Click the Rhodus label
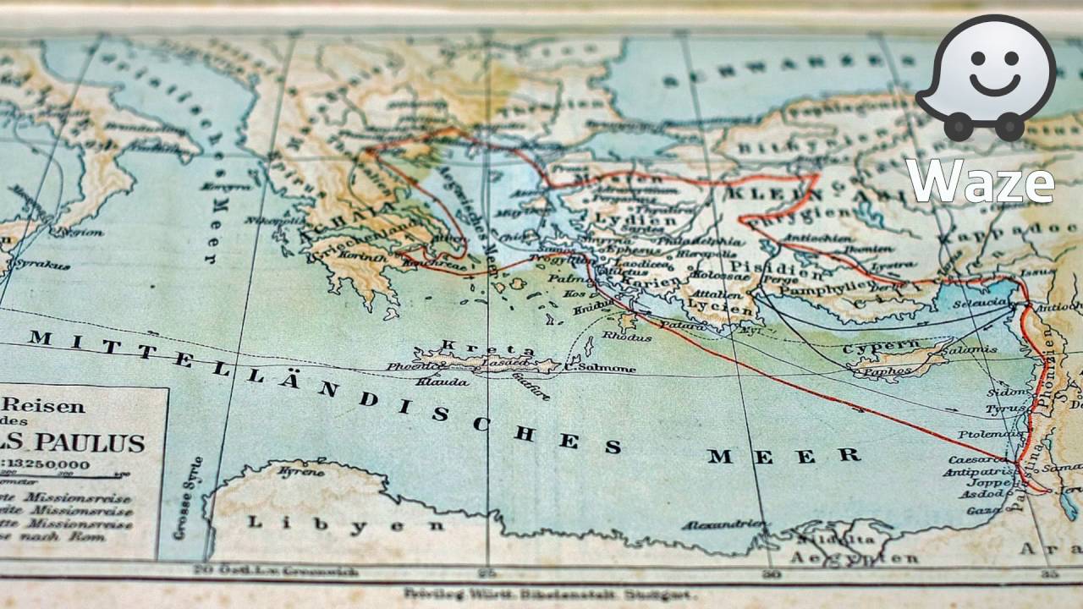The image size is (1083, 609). pyautogui.click(x=626, y=336)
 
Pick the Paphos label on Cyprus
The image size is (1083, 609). pyautogui.click(x=890, y=370)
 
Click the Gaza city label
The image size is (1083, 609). pyautogui.click(x=984, y=511)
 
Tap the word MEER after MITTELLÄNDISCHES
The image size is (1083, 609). pyautogui.click(x=784, y=457)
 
